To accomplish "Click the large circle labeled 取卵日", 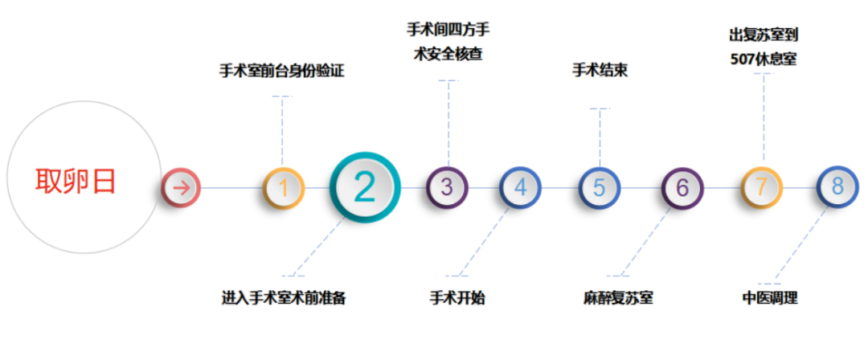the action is click(x=84, y=178).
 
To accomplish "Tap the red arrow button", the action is click(x=181, y=188).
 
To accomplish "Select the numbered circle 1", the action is click(x=284, y=188).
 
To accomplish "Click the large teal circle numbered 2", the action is click(x=364, y=187).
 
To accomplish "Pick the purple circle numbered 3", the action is click(x=448, y=187).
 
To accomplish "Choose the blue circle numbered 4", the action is click(x=520, y=187).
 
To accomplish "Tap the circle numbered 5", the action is click(x=600, y=187).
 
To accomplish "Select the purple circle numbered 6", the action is click(x=682, y=188).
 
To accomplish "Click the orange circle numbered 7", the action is click(x=762, y=187).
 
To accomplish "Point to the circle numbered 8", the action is click(x=837, y=187).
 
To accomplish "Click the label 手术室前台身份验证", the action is click(x=282, y=72).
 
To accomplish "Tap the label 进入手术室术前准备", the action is click(x=284, y=298).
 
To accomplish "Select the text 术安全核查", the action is click(x=448, y=55).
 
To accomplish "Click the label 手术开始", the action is click(x=457, y=298).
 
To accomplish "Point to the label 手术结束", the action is click(x=600, y=72).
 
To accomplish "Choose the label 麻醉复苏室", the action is click(x=618, y=298).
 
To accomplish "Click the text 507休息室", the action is click(x=764, y=59).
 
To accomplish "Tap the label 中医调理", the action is click(x=770, y=298).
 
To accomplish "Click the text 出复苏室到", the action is click(x=764, y=35).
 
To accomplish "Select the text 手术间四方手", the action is click(x=448, y=30).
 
